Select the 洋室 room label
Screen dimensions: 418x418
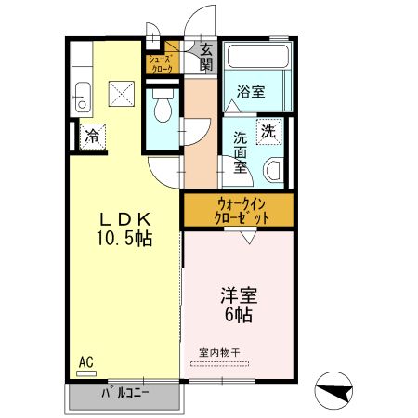point(238,296)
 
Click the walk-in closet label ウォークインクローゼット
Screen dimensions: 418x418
point(239,210)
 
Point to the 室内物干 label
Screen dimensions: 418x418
point(219,352)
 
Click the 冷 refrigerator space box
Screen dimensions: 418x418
point(92,137)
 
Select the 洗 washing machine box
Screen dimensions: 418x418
point(267,132)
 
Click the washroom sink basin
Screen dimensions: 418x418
point(273,170)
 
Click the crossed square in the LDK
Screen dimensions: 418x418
point(120,93)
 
